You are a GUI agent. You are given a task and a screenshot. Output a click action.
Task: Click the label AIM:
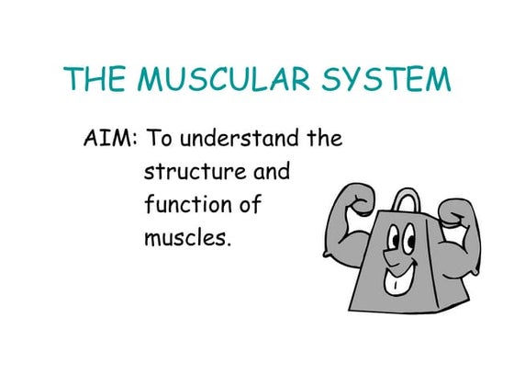pyautogui.click(x=110, y=140)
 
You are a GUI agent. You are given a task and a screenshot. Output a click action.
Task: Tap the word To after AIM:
pyautogui.click(x=161, y=140)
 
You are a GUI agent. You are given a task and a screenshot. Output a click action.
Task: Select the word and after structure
pyautogui.click(x=267, y=173)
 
